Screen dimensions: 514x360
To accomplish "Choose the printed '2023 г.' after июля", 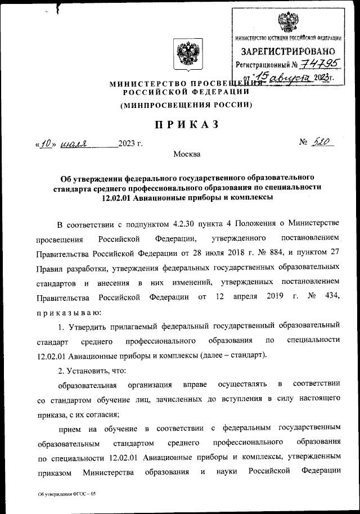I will click(130, 144).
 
